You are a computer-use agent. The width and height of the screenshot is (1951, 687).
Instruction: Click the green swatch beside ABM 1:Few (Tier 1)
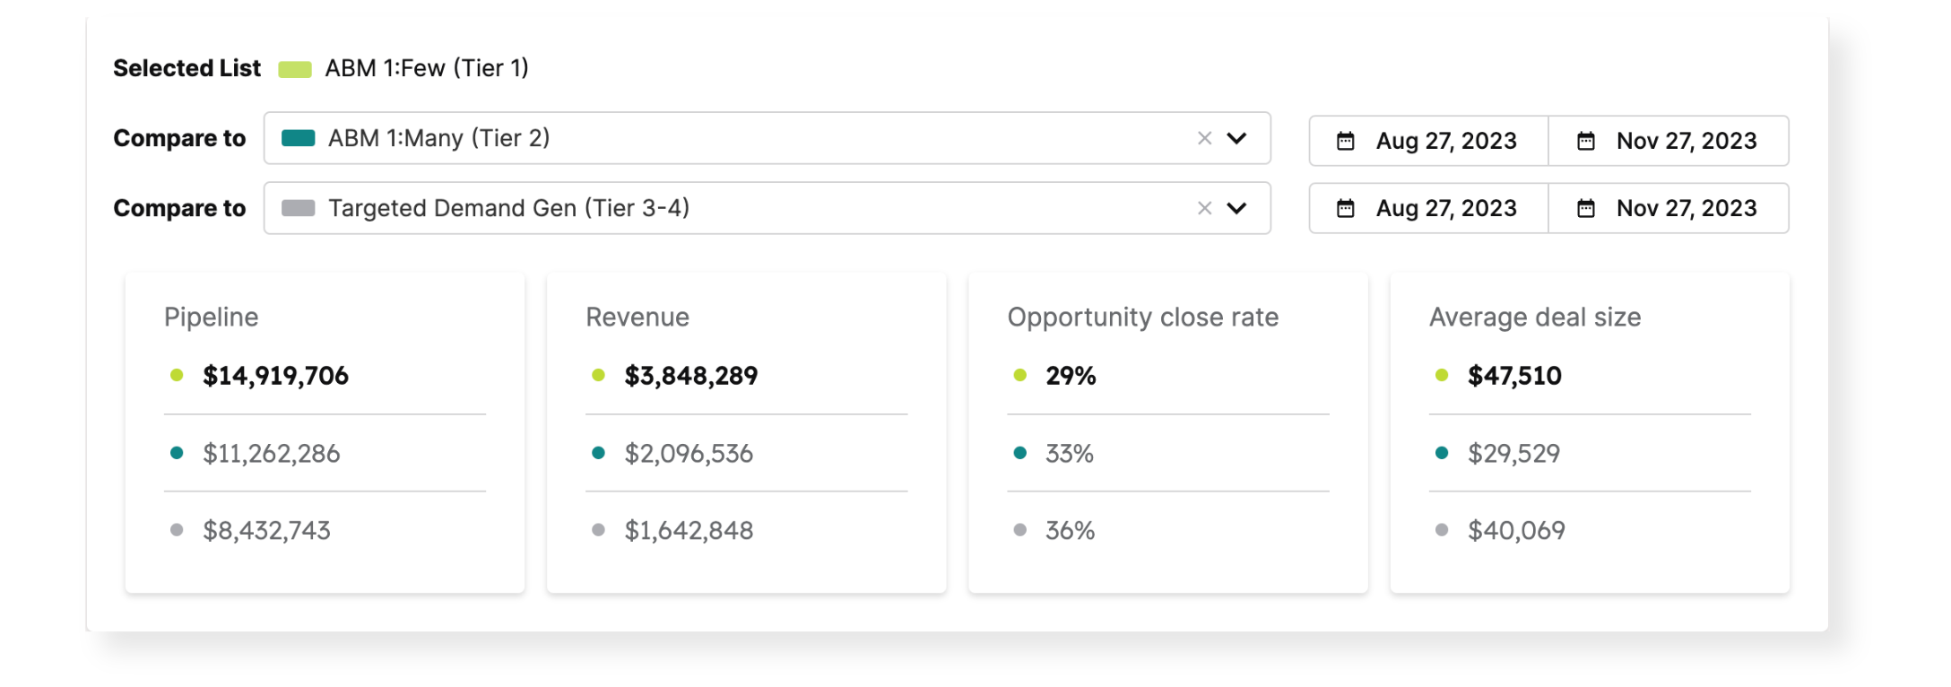[x=294, y=69]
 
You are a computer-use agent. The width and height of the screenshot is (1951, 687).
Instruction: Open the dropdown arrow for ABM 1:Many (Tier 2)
[x=1236, y=138]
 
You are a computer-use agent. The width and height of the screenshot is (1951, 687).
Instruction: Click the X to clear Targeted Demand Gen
[x=1204, y=208]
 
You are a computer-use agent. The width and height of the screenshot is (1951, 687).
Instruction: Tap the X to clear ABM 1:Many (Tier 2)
[x=1204, y=138]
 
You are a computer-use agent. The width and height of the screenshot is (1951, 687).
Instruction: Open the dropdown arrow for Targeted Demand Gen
[x=1236, y=208]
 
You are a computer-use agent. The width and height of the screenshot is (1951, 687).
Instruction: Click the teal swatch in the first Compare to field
[x=298, y=138]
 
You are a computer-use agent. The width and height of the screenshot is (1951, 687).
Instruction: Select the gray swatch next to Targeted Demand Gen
[x=298, y=208]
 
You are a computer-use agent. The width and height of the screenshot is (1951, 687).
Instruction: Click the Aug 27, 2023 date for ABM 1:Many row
[x=1445, y=141]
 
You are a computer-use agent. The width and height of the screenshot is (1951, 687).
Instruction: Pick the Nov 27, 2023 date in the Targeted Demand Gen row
[x=1686, y=208]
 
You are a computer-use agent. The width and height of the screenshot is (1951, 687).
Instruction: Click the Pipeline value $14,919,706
[x=275, y=376]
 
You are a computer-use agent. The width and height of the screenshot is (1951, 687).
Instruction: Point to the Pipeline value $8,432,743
[x=266, y=531]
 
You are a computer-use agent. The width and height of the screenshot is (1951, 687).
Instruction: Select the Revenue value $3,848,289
[x=690, y=376]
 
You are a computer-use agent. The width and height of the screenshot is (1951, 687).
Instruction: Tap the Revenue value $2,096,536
[x=689, y=454]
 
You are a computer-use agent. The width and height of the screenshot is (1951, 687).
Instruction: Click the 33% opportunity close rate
[x=1070, y=454]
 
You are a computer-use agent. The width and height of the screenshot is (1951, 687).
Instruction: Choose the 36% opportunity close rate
[x=1070, y=531]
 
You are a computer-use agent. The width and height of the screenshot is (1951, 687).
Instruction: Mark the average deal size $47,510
[x=1514, y=376]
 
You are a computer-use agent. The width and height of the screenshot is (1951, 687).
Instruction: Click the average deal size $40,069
[x=1516, y=531]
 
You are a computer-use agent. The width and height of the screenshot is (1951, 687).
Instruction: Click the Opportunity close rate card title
[x=1142, y=317]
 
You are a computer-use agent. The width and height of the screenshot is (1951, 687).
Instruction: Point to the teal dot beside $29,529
[x=1442, y=453]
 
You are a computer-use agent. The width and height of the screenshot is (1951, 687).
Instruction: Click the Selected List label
[x=186, y=68]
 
